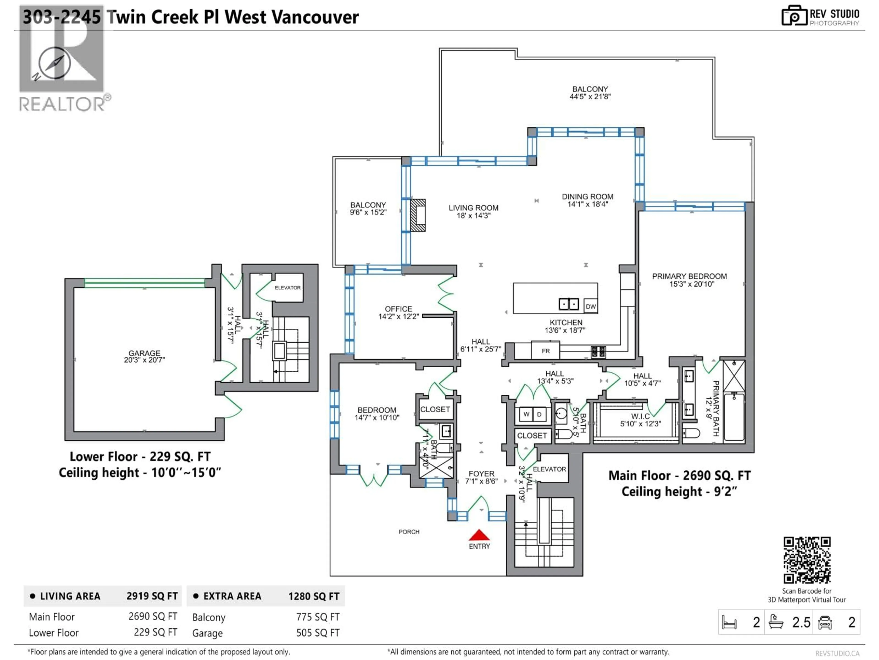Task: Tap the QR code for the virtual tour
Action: [x=807, y=560]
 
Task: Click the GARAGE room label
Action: [x=144, y=353]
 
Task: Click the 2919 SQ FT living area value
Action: [x=152, y=596]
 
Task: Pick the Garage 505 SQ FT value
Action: [x=317, y=633]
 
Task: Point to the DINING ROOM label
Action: [x=587, y=197]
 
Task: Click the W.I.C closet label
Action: [x=640, y=416]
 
